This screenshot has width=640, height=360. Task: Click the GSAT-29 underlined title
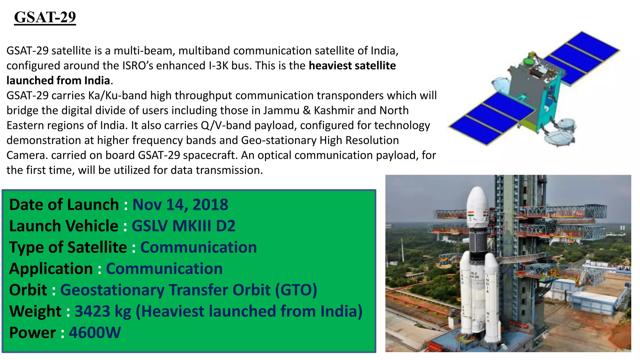pyautogui.click(x=45, y=17)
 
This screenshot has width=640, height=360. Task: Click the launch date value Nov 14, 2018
pyautogui.click(x=180, y=205)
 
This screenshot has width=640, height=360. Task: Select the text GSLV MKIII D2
pyautogui.click(x=183, y=226)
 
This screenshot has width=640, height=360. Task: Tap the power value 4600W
pyautogui.click(x=95, y=332)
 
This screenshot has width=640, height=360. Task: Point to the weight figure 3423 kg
pyautogui.click(x=103, y=311)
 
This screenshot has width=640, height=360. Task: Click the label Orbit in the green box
pyautogui.click(x=28, y=290)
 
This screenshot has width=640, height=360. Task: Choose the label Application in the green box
pyautogui.click(x=51, y=269)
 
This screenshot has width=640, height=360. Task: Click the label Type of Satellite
pyautogui.click(x=68, y=247)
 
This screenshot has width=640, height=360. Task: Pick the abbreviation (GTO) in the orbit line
pyautogui.click(x=296, y=290)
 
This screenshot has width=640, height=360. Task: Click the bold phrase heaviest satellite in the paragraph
pyautogui.click(x=352, y=66)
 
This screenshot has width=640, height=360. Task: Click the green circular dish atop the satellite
pyautogui.click(x=528, y=61)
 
